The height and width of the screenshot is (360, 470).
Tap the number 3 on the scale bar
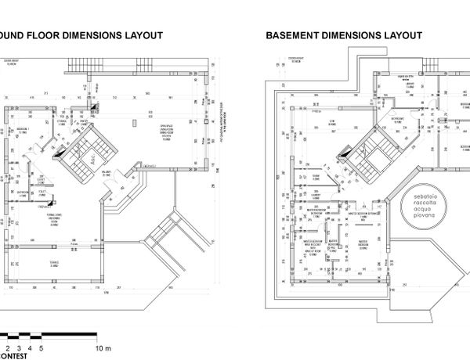tap(19, 347)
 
